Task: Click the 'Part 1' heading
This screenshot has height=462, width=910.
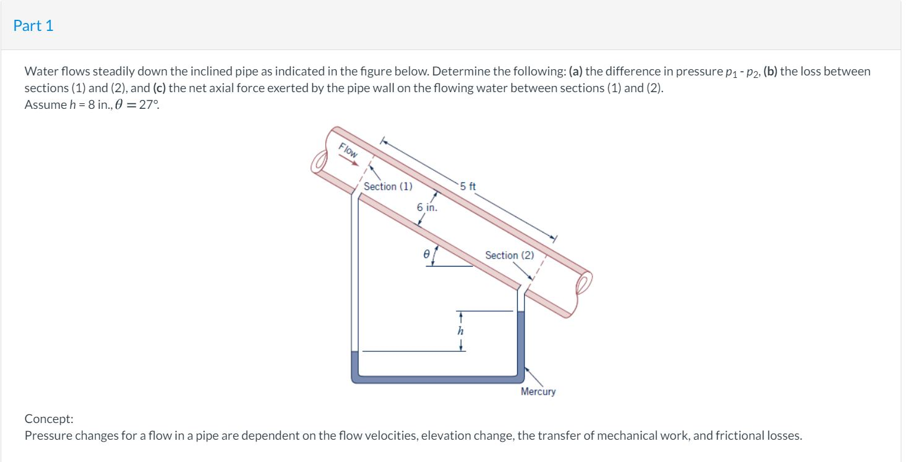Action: click(33, 25)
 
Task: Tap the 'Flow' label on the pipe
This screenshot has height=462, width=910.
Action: click(349, 150)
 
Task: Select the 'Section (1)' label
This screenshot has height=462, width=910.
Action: click(388, 186)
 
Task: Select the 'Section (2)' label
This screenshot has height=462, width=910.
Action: click(509, 255)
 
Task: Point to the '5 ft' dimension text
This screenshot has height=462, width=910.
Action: click(468, 186)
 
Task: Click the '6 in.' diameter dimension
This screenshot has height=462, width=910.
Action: click(427, 208)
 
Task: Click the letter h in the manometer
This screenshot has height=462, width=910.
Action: click(460, 331)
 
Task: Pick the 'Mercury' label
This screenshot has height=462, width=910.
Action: click(538, 391)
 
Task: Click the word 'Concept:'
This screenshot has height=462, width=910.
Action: click(49, 419)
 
